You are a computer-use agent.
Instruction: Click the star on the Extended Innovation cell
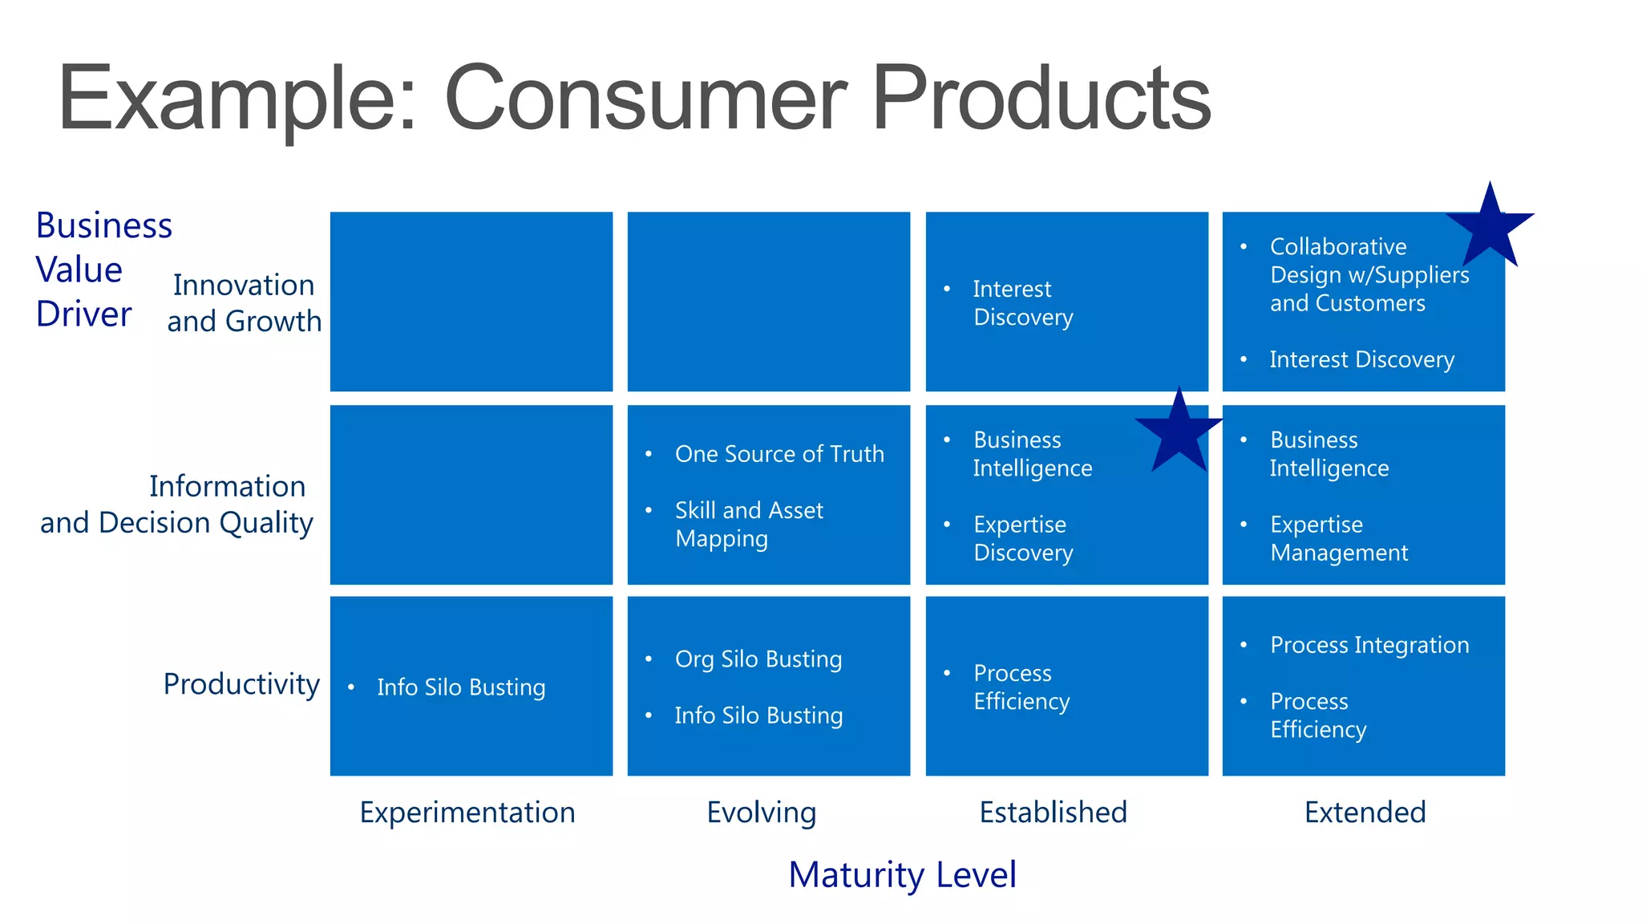[x=1490, y=228]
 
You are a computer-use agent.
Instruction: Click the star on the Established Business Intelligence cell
[x=1179, y=433]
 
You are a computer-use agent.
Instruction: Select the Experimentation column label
[x=467, y=813]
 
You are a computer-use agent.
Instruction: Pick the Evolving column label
[x=761, y=813]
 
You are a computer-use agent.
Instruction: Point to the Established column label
[x=1053, y=813]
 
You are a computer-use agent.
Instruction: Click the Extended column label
[x=1365, y=813]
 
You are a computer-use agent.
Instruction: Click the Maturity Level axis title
[x=902, y=874]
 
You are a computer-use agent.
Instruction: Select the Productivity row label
[x=241, y=684]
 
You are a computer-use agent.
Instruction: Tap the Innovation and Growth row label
[x=244, y=303]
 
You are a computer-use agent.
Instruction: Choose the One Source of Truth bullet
[x=779, y=454]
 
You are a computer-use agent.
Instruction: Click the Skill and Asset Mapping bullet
[x=749, y=525]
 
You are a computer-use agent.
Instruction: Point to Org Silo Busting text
[x=758, y=659]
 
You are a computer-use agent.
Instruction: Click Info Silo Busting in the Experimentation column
[x=461, y=687]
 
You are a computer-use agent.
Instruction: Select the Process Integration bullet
[x=1369, y=645]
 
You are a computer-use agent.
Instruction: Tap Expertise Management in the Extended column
[x=1338, y=538]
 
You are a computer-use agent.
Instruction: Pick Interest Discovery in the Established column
[x=1022, y=303]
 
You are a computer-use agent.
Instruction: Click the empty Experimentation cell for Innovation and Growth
[x=471, y=302]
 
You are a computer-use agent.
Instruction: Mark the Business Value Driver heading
[x=103, y=269]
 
